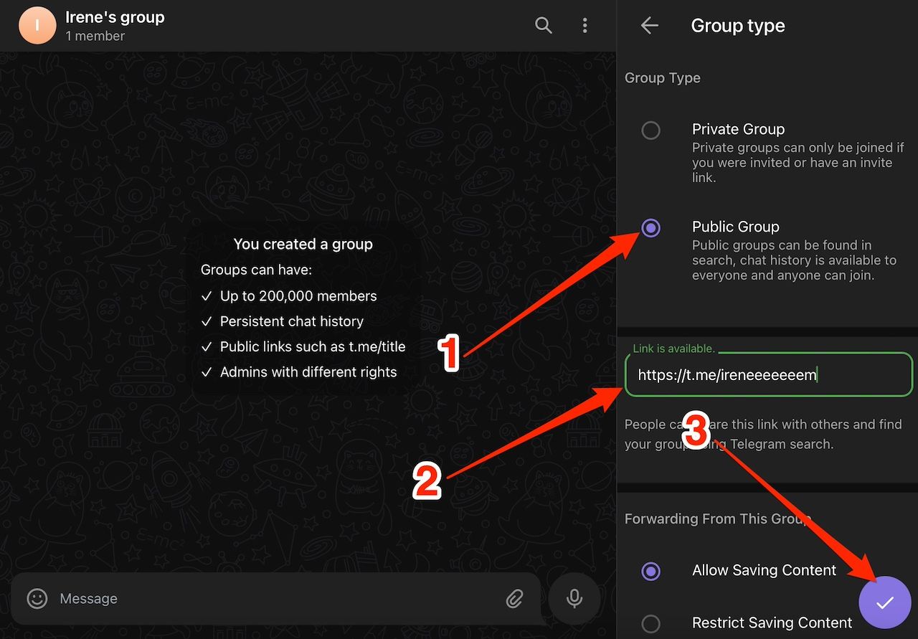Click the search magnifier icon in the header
544,26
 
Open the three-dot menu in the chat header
585,26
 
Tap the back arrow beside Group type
649,26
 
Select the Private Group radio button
650,131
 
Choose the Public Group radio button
650,228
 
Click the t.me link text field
767,374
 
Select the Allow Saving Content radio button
650,571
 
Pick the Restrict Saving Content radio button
650,623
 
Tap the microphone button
574,598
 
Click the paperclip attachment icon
514,599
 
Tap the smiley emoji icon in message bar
37,598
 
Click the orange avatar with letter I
37,26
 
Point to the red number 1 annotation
449,354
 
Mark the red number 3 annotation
695,431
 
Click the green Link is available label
673,349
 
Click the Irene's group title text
115,17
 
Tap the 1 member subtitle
95,36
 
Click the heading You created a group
303,244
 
